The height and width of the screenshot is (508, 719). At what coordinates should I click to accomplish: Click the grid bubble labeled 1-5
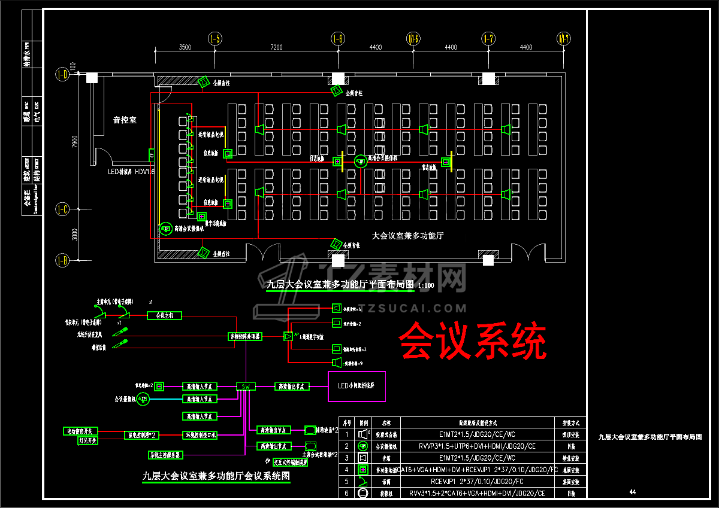tap(215, 39)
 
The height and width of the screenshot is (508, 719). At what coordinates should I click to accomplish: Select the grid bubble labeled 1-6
tap(338, 39)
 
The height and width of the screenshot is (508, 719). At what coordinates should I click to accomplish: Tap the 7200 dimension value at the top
tap(276, 47)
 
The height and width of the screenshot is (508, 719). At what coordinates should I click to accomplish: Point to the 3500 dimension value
tap(185, 47)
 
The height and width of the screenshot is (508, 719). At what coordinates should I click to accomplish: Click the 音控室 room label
tap(125, 120)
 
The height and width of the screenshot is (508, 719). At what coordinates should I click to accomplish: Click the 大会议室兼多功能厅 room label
tap(407, 236)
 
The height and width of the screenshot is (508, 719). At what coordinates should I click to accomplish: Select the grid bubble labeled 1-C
tap(62, 209)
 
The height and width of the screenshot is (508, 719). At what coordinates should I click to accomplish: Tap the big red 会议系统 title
tap(473, 341)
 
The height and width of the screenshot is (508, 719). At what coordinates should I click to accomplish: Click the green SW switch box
tap(246, 387)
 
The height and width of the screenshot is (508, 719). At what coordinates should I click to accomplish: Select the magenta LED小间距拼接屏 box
tap(357, 386)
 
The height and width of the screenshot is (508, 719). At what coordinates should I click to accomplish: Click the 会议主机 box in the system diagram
tap(164, 315)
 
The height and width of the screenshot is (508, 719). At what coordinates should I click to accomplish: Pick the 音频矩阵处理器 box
tap(246, 337)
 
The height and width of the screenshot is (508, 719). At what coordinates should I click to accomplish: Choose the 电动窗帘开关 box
tap(80, 431)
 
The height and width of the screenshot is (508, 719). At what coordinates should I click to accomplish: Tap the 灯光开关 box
tap(87, 440)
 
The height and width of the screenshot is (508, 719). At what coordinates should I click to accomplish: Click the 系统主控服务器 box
tap(165, 455)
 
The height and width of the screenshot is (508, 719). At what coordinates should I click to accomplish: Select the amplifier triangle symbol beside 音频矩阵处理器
tap(288, 336)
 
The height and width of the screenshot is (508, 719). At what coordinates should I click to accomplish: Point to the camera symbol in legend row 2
tap(362, 446)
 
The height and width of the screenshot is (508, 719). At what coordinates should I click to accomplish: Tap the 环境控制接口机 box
tap(200, 434)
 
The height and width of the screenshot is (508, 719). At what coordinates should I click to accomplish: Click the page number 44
tap(632, 492)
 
